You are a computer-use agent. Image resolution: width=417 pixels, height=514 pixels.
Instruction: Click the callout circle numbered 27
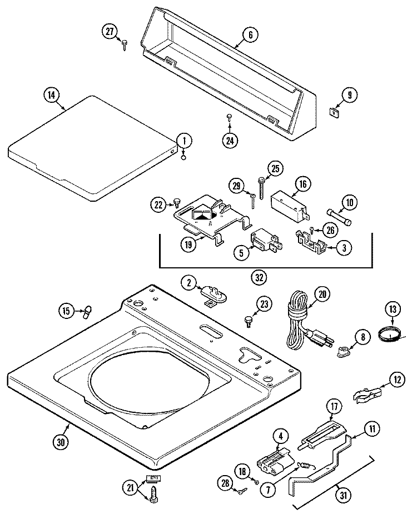110,31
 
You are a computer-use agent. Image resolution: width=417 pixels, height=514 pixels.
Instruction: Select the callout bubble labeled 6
250,34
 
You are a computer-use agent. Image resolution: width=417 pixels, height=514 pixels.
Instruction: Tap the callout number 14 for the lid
51,95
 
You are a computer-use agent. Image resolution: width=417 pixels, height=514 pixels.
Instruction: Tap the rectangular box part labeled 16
288,203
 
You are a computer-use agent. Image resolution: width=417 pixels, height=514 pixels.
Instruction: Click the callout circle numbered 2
190,282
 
